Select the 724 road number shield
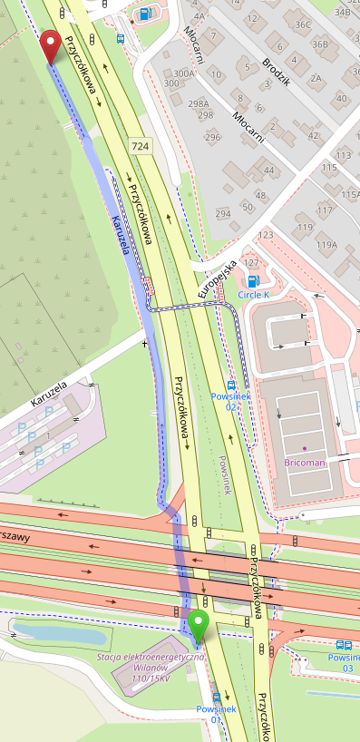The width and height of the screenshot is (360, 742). click(x=140, y=145)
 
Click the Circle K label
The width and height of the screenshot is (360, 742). click(x=254, y=295)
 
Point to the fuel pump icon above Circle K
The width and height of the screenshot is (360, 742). click(x=254, y=281)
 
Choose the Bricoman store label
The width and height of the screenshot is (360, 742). click(x=305, y=463)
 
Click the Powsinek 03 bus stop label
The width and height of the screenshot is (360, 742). click(x=343, y=662)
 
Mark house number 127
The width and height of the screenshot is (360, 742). click(x=265, y=262)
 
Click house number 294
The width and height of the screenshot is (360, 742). click(x=222, y=214)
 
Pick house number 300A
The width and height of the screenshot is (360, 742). click(x=184, y=73)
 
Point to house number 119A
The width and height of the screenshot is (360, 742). click(x=326, y=245)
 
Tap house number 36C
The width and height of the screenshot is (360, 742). click(x=302, y=24)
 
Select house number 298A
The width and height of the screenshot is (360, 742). click(x=198, y=103)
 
